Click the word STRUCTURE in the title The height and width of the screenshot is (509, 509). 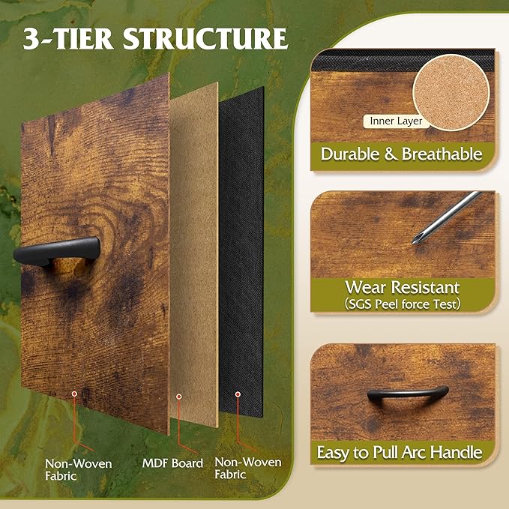(x=205, y=39)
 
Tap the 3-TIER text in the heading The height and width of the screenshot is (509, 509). (x=68, y=39)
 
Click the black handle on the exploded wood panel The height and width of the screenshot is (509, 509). (x=57, y=251)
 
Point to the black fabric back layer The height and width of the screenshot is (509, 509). (x=241, y=252)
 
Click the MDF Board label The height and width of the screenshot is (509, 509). (x=172, y=463)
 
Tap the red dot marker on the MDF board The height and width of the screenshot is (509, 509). (x=179, y=397)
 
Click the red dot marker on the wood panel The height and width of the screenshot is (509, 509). (x=74, y=394)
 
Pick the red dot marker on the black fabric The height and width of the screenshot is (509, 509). (x=238, y=394)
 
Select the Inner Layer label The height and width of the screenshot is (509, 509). (x=396, y=121)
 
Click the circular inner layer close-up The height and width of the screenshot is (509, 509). (x=451, y=92)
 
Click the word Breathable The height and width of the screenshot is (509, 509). (x=442, y=154)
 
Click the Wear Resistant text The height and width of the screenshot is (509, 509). (x=403, y=287)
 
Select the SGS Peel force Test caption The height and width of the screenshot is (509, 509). (x=403, y=304)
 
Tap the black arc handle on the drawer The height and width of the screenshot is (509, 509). (x=408, y=396)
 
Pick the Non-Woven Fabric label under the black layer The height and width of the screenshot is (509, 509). (x=248, y=468)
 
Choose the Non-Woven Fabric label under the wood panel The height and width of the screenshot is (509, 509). (x=78, y=469)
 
